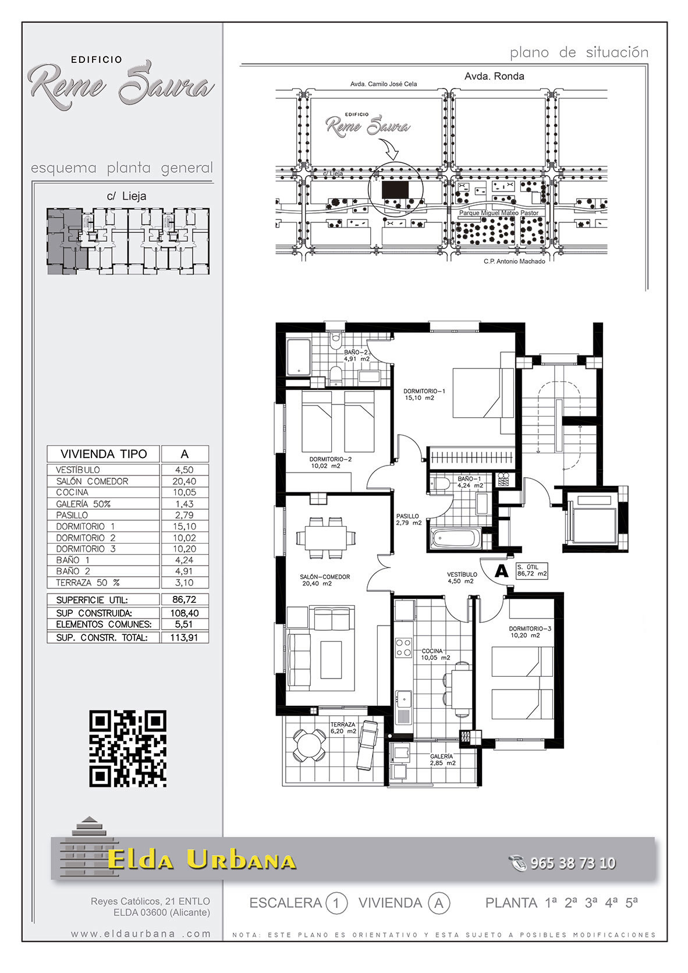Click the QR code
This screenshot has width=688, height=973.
[x=127, y=748]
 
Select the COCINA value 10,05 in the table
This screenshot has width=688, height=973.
[x=185, y=492]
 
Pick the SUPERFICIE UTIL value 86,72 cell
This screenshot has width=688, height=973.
[x=185, y=599]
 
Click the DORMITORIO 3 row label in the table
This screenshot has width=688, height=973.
[x=86, y=549]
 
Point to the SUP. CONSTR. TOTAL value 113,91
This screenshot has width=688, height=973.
[x=185, y=638]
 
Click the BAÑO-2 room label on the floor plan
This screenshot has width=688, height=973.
[x=357, y=356]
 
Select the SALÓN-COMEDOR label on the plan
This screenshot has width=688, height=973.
[x=324, y=580]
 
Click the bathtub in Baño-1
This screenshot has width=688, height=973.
[x=455, y=538]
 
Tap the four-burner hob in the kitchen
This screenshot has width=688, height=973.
[x=403, y=647]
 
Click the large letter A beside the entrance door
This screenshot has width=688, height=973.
[x=502, y=571]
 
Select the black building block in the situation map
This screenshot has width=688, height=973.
[x=395, y=189]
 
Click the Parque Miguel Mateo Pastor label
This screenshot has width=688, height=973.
[x=499, y=213]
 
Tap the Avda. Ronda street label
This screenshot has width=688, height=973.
[x=494, y=76]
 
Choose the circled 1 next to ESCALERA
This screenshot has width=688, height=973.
[x=336, y=904]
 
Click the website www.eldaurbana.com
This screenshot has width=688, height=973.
[x=141, y=934]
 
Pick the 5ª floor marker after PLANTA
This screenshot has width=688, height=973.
[x=632, y=903]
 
